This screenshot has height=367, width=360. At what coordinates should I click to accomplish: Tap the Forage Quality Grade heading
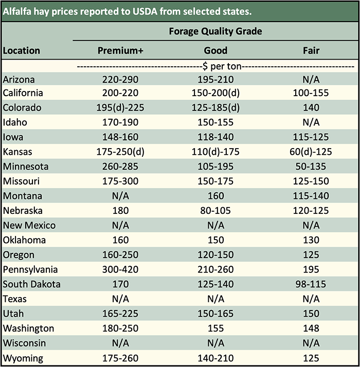(215, 31)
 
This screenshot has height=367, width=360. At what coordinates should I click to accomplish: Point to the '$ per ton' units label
(215, 66)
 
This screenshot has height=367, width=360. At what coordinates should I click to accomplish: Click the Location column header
(22, 50)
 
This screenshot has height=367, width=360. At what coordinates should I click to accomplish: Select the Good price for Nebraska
(215, 211)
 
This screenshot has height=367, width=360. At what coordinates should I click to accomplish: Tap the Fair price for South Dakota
(311, 284)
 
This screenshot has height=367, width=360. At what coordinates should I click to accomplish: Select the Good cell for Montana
(215, 196)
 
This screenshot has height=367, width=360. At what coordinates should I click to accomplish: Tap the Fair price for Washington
(311, 328)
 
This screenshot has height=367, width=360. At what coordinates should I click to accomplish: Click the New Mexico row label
(29, 225)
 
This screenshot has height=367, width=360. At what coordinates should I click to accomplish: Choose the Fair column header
(311, 50)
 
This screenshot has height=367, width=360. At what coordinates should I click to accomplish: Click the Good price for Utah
(215, 314)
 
